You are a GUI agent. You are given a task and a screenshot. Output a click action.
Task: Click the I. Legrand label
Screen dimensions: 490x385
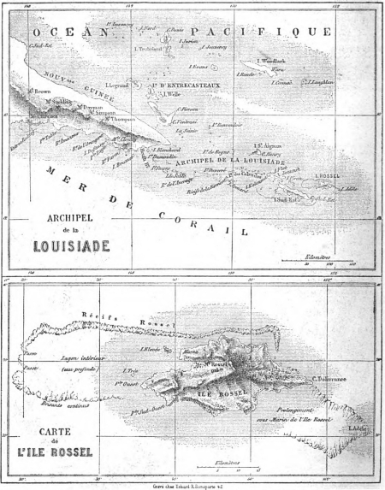(x=115, y=86)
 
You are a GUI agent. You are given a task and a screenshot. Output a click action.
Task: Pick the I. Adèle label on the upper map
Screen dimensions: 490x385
(x=351, y=186)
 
